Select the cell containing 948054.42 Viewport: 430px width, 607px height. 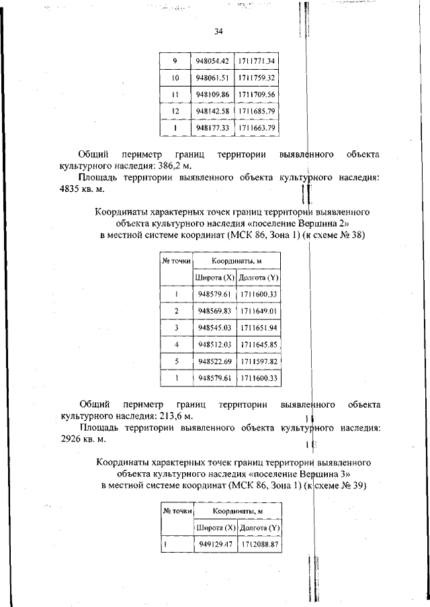tap(212, 61)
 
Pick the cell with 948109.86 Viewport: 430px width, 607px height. tap(212, 95)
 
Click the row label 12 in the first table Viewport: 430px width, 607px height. tap(174, 111)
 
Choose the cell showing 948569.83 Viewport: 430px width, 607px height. tap(214, 311)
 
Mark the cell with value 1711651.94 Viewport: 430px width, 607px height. tap(259, 327)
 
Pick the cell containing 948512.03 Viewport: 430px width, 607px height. tap(214, 344)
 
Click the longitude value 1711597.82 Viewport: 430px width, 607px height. tap(259, 362)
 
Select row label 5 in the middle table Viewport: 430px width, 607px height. tap(176, 362)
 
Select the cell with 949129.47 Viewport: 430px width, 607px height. tap(214, 545)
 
